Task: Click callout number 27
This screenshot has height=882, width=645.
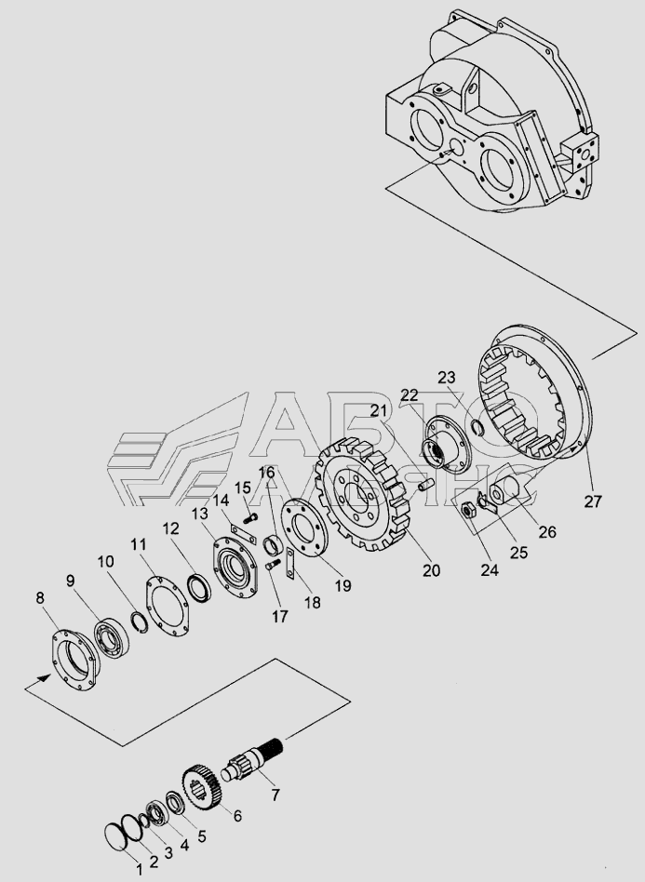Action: tap(592, 501)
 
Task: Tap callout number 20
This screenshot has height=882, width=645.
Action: tap(431, 570)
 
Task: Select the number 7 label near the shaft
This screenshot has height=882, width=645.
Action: tap(275, 795)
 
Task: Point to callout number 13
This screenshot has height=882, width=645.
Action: tap(199, 514)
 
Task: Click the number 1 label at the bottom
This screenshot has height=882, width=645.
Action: tap(139, 870)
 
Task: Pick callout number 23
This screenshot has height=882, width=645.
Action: tap(447, 377)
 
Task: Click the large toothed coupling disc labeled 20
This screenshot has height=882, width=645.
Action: tap(364, 494)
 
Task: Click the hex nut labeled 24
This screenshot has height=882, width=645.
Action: tap(467, 510)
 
